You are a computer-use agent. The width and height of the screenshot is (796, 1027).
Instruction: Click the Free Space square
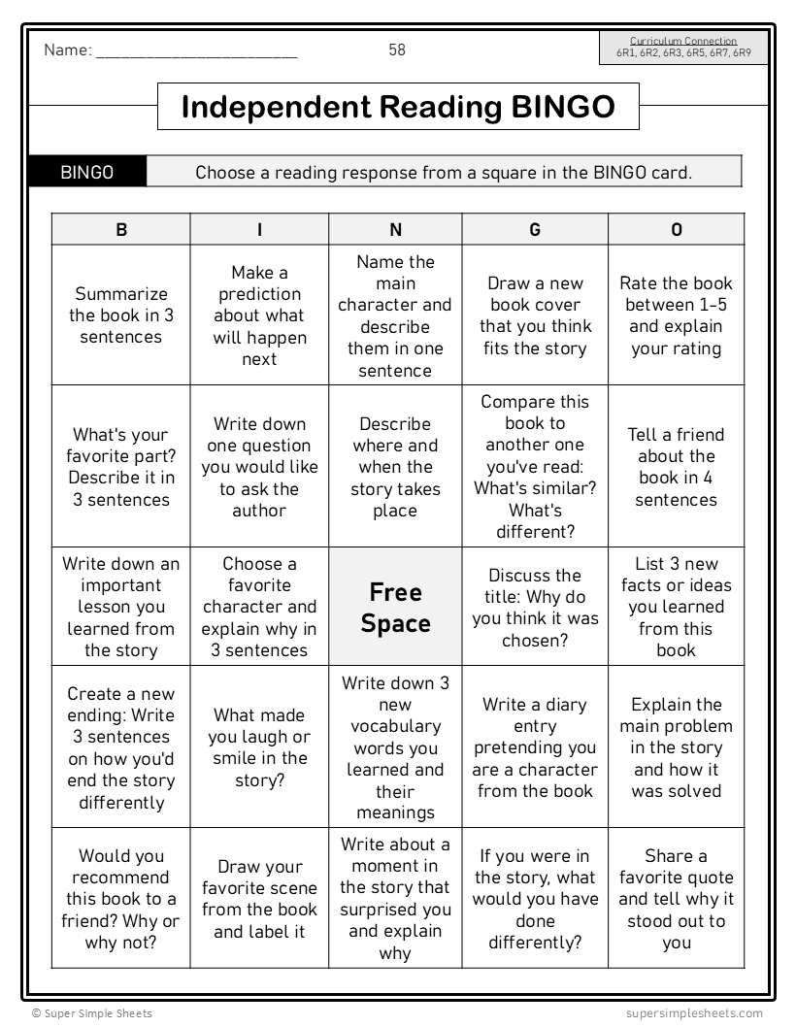tap(395, 608)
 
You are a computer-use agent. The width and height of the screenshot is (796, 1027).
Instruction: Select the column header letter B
tap(121, 230)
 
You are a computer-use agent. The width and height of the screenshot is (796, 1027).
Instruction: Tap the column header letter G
tap(535, 230)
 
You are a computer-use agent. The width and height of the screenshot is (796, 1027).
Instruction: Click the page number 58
tap(397, 50)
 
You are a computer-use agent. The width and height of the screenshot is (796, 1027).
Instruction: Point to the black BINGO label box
tap(87, 173)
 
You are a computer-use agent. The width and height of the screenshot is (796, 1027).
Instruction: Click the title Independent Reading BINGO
tap(398, 107)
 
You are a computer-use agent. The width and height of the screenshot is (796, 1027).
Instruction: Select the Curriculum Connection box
tap(683, 48)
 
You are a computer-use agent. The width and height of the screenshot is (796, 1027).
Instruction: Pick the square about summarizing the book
tap(121, 315)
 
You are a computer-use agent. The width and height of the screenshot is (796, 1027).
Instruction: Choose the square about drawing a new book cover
tap(535, 315)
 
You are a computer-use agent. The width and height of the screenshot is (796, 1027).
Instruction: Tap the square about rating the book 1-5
tap(676, 315)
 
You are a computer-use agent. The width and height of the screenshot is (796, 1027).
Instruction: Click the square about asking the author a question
tap(259, 467)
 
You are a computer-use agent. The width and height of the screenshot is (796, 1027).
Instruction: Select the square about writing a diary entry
tap(535, 747)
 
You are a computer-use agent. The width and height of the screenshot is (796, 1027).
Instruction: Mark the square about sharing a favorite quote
tap(676, 899)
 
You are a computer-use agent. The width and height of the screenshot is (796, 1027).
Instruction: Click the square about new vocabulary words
tap(395, 747)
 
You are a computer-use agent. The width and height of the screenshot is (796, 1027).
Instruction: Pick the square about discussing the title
tap(535, 608)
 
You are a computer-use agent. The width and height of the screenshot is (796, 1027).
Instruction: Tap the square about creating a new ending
tap(121, 747)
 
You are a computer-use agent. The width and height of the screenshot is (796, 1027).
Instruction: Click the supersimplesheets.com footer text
tap(694, 1013)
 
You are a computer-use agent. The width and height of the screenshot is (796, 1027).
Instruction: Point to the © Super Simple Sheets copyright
tap(91, 1013)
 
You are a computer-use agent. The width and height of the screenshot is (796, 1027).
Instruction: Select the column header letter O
tap(676, 230)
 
